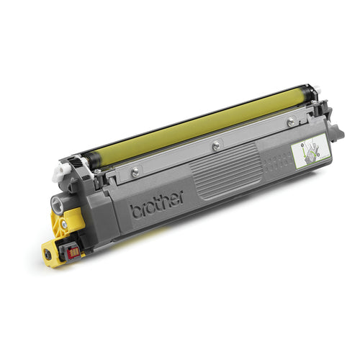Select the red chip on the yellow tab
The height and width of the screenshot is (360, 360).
coord(72,251)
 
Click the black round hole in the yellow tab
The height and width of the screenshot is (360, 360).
coord(48,253)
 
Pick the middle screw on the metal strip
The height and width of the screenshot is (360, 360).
coord(215,145)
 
